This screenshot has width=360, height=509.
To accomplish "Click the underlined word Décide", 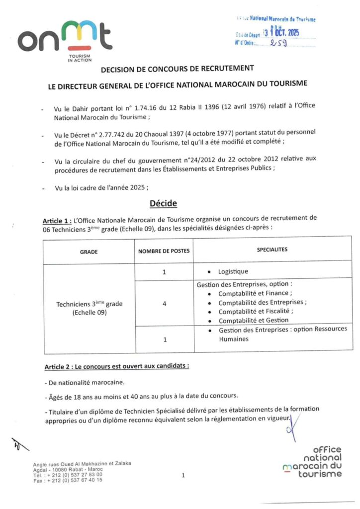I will coord(163,203).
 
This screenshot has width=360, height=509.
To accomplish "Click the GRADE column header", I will coord(89,252).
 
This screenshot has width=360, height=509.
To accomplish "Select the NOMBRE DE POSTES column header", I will coord(164,251).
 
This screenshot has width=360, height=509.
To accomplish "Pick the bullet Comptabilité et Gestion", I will coord(253,321).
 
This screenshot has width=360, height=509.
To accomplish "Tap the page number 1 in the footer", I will coord(183,476).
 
